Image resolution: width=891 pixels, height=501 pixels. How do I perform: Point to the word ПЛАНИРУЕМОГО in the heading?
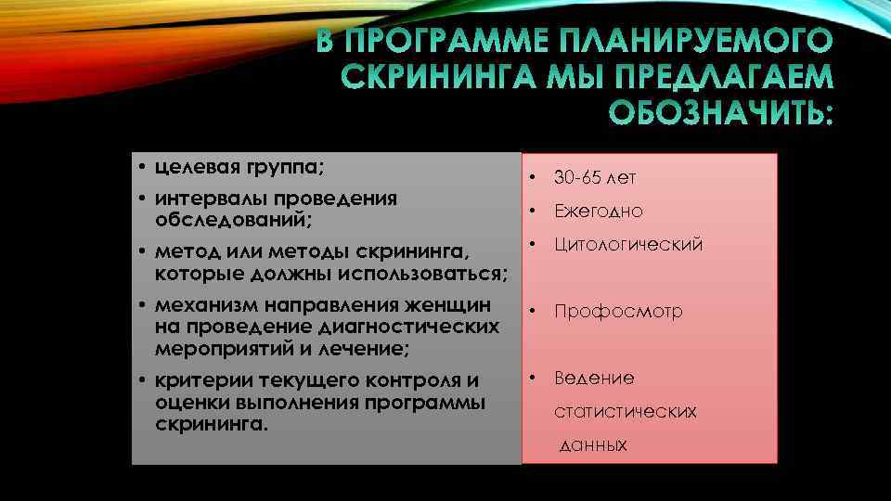tap(695, 42)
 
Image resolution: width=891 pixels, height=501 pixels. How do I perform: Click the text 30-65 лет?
tap(595, 177)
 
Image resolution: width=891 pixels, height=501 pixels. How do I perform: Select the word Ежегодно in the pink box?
tap(599, 212)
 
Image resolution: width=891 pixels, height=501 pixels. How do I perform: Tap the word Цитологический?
tap(628, 245)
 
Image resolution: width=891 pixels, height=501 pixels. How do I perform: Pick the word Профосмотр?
tap(618, 312)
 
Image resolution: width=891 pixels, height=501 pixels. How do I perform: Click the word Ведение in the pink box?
tap(594, 379)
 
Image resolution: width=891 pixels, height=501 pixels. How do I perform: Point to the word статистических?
tap(626, 411)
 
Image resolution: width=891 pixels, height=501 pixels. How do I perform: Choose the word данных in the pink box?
tap(594, 445)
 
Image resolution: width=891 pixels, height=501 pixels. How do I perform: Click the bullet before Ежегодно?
tap(533, 211)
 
